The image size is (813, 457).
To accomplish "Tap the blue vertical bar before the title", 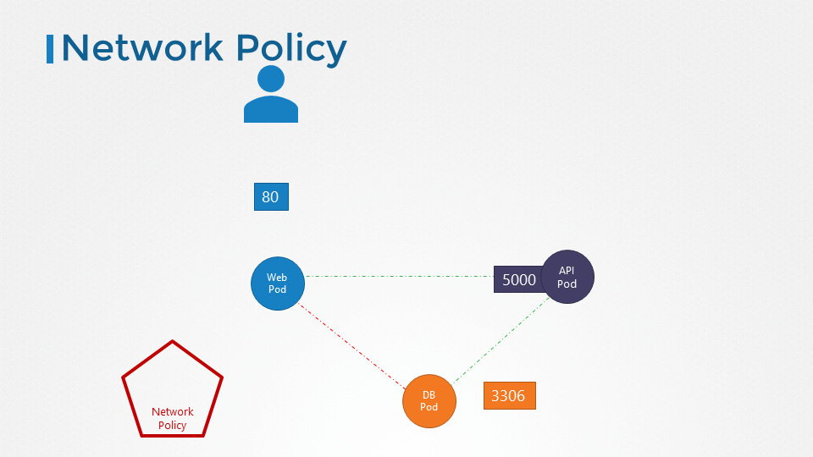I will [x=50, y=48].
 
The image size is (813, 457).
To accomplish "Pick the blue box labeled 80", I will [x=271, y=197].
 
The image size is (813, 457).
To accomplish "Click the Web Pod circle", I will [x=277, y=284].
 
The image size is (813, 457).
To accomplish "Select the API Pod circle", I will [x=568, y=277].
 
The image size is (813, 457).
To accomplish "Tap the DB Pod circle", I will [x=429, y=401].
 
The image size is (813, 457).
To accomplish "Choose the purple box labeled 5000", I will [x=517, y=279].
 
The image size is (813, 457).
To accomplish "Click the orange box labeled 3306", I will [x=509, y=395].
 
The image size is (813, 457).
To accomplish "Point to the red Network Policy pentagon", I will [x=173, y=392].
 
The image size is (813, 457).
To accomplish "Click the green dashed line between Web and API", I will [x=398, y=276].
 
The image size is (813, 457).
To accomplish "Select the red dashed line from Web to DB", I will [x=351, y=346].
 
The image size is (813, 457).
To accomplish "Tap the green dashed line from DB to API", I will [x=500, y=339].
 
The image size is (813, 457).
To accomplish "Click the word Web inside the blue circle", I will [x=277, y=278].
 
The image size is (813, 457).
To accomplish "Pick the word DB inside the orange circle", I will [x=429, y=395].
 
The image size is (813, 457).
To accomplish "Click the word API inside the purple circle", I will [x=567, y=271].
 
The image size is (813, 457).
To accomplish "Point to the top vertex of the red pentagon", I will [x=173, y=342].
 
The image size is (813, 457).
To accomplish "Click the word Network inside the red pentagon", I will [x=173, y=412].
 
